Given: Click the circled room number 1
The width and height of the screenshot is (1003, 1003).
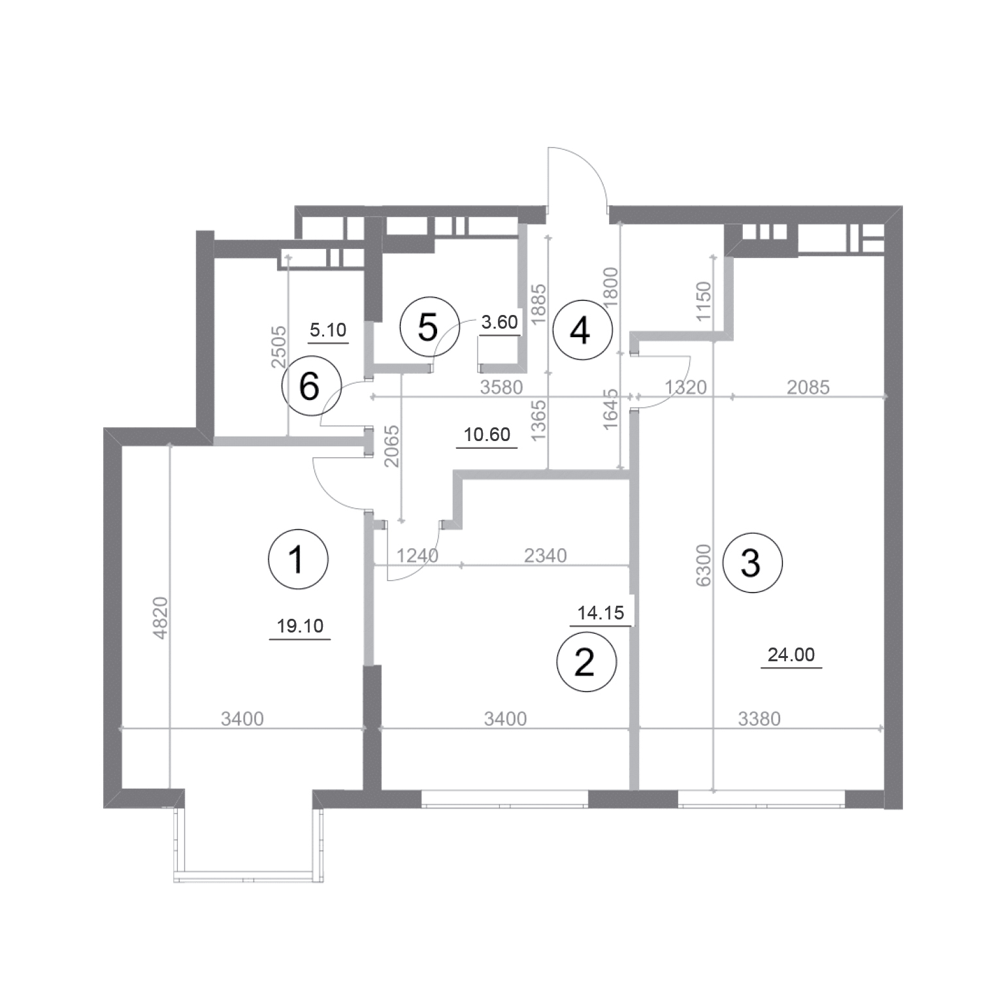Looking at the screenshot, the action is tap(298, 560).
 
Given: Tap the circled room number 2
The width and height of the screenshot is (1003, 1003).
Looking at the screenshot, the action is tap(585, 662).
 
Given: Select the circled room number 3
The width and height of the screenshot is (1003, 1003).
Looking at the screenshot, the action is tap(751, 563).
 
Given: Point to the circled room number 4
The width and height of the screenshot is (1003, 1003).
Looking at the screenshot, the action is tap(581, 331).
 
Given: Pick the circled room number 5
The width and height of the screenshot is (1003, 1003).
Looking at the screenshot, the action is tap(428, 327).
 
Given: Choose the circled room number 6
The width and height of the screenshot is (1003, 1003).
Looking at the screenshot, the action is tap(310, 387).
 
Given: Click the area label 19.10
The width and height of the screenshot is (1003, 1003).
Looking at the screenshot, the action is tap(300, 627).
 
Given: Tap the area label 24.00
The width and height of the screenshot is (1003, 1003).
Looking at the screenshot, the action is tap(791, 655).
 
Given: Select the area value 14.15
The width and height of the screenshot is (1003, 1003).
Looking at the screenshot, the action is tap(601, 613).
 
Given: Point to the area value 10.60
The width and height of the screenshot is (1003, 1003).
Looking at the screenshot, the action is tap(487, 435).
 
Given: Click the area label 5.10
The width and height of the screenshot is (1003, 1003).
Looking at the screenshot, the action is tap(328, 330).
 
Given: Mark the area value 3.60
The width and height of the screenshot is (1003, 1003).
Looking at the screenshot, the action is tap(499, 321).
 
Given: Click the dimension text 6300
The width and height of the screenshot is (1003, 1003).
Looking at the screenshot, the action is tap(703, 565).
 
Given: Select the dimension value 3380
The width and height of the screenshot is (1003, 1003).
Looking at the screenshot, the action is tap(759, 719).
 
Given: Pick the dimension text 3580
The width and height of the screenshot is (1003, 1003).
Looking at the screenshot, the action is tap(502, 387).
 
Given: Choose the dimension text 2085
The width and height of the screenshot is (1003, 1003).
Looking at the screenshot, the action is tap(808, 387).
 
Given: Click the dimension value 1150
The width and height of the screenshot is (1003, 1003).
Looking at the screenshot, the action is tap(703, 301).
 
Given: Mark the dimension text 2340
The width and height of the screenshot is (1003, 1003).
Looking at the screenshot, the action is tap(546, 555).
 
